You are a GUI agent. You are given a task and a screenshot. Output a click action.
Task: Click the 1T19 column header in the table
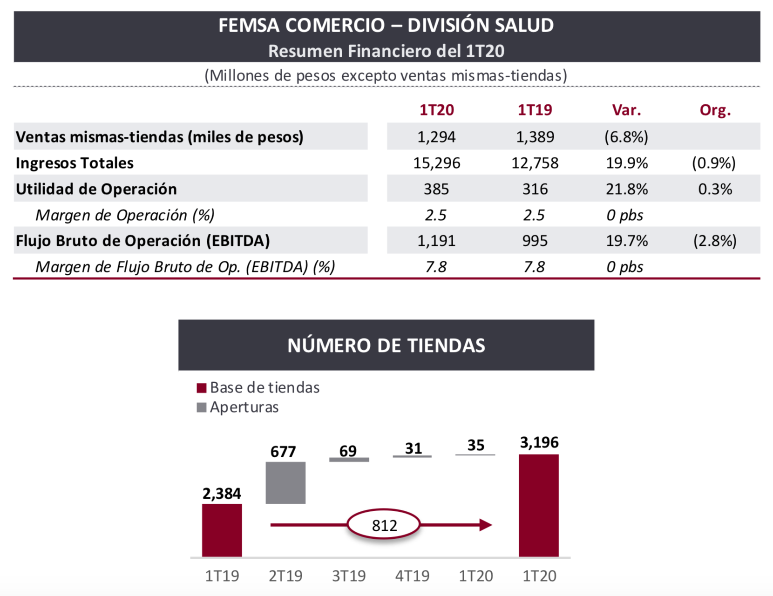[x=535, y=110]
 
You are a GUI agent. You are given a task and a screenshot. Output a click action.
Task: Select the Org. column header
[x=715, y=110]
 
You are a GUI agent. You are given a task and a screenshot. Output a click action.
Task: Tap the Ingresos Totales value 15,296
[x=436, y=163]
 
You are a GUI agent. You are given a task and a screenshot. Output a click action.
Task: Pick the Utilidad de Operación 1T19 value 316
[x=535, y=189]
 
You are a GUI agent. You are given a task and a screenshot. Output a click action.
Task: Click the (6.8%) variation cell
[x=626, y=137]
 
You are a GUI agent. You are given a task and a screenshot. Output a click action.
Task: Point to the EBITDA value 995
[x=535, y=241]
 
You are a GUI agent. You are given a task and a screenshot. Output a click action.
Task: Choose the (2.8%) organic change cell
[x=715, y=241]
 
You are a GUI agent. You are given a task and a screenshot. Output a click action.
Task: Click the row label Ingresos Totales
[x=75, y=163]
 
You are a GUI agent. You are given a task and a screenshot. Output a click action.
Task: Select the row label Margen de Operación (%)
[x=125, y=215]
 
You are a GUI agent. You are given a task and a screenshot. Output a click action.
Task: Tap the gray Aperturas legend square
[x=201, y=407]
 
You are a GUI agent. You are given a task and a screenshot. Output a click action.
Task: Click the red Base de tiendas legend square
[x=201, y=388]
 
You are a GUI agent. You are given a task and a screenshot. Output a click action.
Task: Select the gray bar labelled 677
[x=285, y=482]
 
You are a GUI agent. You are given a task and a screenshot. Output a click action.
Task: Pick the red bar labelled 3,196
[x=539, y=505]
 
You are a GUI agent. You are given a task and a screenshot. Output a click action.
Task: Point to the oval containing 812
[x=384, y=525]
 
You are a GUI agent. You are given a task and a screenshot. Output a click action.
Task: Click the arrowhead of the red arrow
[x=485, y=525]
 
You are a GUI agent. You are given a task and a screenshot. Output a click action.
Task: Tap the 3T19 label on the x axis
[x=349, y=576]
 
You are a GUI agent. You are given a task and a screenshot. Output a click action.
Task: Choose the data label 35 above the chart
[x=475, y=445]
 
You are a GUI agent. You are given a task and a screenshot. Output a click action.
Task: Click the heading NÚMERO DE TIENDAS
[x=386, y=345]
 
